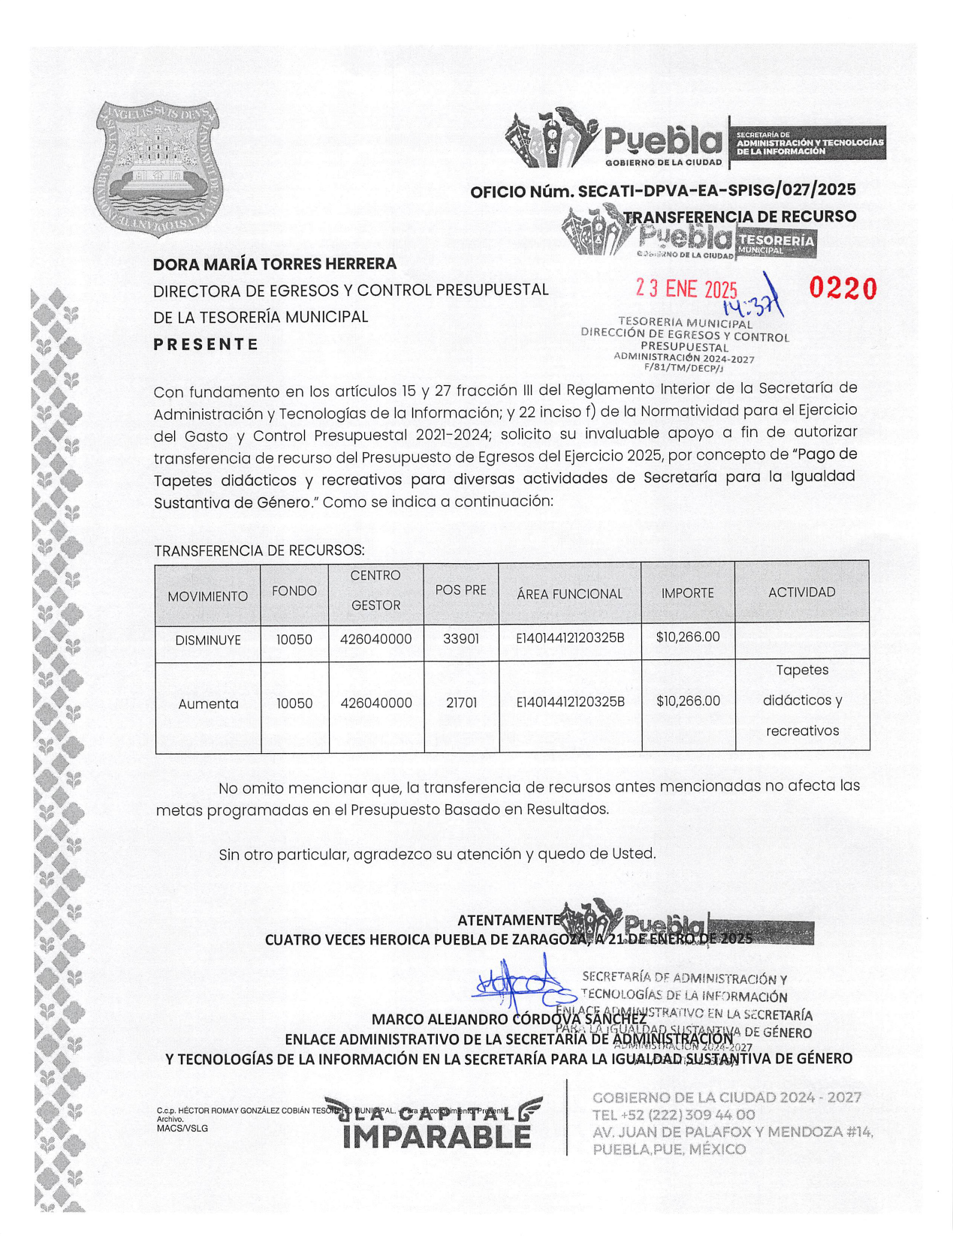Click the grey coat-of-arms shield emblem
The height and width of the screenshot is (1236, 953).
point(158,169)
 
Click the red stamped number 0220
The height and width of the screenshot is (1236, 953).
point(843,288)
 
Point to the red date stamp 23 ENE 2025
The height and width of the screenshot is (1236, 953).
point(686,289)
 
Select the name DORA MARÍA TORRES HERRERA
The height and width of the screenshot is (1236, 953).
point(275,264)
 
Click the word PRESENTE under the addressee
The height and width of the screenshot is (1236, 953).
point(206,345)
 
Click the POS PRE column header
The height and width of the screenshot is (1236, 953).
point(461,590)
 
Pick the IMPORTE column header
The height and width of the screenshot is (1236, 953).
point(687,593)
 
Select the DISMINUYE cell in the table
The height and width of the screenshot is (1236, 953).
point(208,641)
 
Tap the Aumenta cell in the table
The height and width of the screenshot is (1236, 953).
point(208,704)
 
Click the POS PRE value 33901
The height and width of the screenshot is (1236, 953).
point(461,639)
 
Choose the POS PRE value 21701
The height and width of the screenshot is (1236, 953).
point(461,703)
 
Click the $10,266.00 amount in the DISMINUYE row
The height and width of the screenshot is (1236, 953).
point(688,638)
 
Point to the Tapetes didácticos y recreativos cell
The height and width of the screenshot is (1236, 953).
point(802,701)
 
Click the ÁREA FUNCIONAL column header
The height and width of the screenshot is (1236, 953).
point(569,594)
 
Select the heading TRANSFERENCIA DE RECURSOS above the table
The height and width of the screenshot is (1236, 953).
point(259,550)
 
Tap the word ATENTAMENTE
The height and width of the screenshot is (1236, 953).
point(508,920)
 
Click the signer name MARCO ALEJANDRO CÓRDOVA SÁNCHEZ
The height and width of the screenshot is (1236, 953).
point(509,1019)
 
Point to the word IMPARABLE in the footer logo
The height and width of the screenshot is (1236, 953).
point(436,1138)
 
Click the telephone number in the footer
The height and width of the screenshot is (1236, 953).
point(674,1115)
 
